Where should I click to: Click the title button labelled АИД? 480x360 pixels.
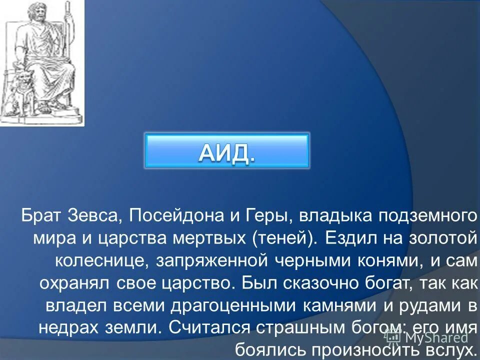coord(227,150)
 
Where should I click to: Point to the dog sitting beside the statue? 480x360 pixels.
coord(20,87)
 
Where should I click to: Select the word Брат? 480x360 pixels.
coord(41,216)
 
